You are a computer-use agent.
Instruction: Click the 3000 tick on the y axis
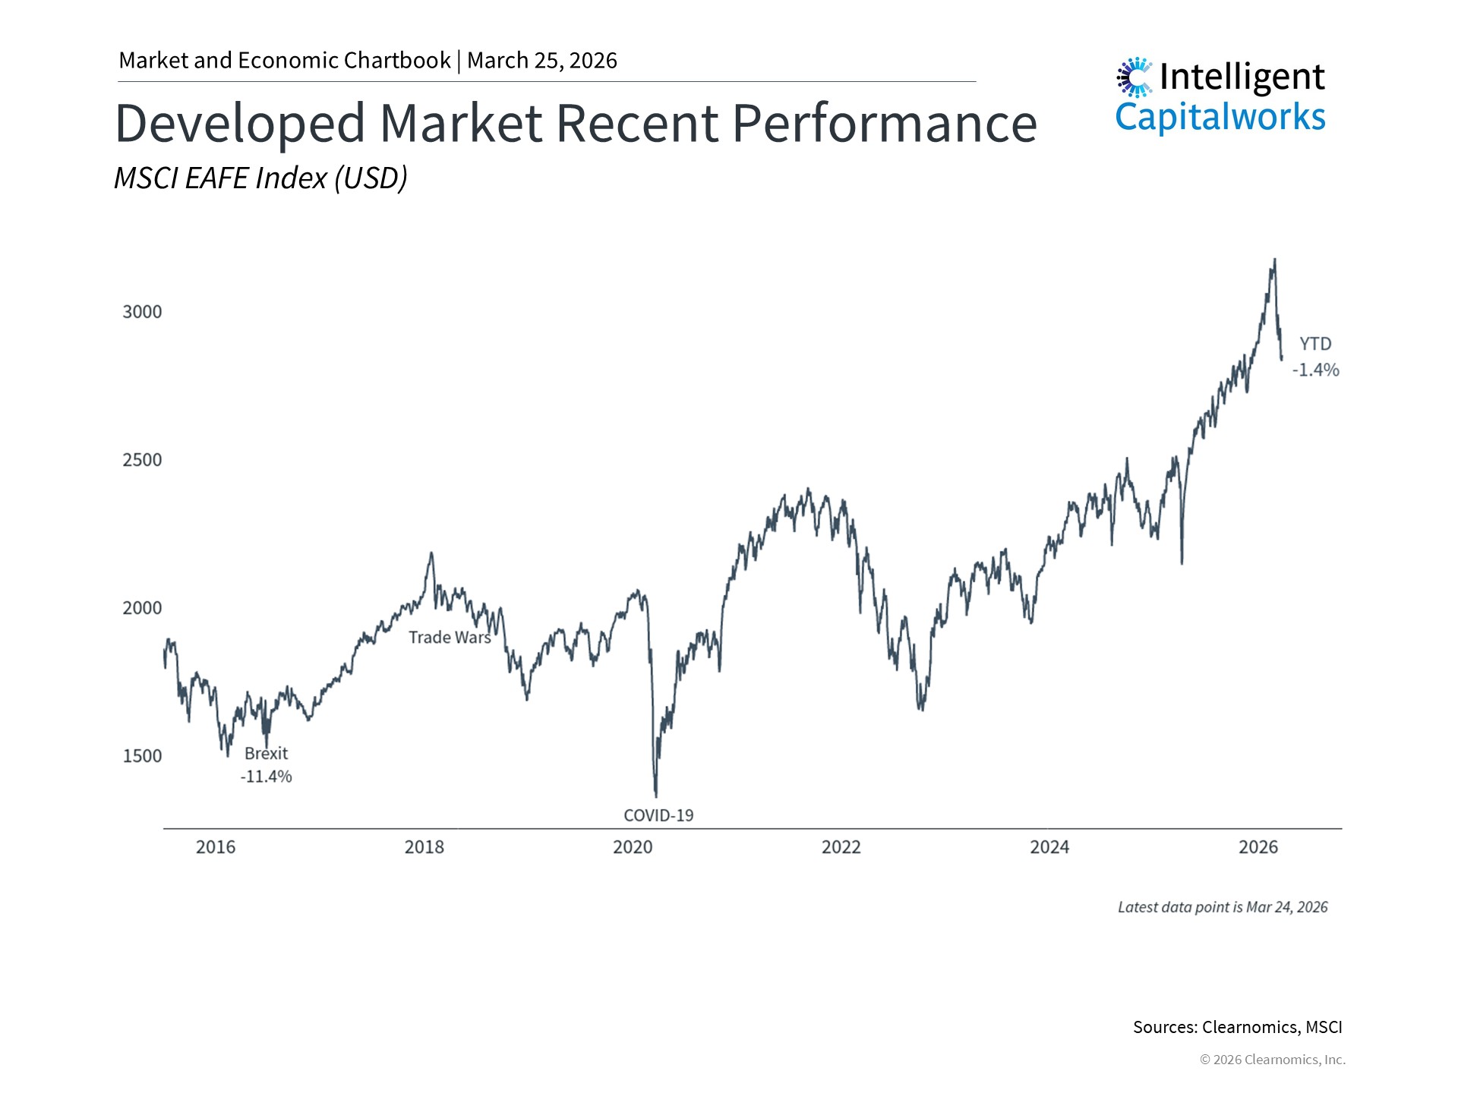pos(142,312)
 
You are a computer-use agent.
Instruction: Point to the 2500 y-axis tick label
pos(142,460)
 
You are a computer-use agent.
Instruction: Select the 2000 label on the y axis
pos(142,608)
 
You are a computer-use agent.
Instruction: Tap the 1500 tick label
pos(142,756)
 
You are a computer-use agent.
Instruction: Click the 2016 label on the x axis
pos(216,847)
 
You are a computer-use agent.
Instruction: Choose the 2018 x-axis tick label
pos(424,847)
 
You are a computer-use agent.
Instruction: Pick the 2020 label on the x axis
pos(633,847)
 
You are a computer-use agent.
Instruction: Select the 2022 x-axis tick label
pos(841,847)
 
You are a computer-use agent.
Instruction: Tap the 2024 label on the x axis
pos(1049,847)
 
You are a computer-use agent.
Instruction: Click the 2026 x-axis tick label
pos(1258,847)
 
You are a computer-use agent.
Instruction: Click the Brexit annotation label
pos(266,754)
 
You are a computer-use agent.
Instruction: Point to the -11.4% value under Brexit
pos(266,776)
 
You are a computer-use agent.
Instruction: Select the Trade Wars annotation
pos(450,638)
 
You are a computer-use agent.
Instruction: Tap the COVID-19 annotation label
pos(658,815)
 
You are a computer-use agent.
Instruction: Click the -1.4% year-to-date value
pos(1316,370)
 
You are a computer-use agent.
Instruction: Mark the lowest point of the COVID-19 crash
pos(656,795)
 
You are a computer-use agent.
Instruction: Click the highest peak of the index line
pos(1274,260)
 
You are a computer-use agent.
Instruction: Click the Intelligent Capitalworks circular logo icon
pos(1135,77)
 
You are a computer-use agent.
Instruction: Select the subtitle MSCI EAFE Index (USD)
pos(260,178)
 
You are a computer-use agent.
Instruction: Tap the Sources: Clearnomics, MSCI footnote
pos(1237,1027)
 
